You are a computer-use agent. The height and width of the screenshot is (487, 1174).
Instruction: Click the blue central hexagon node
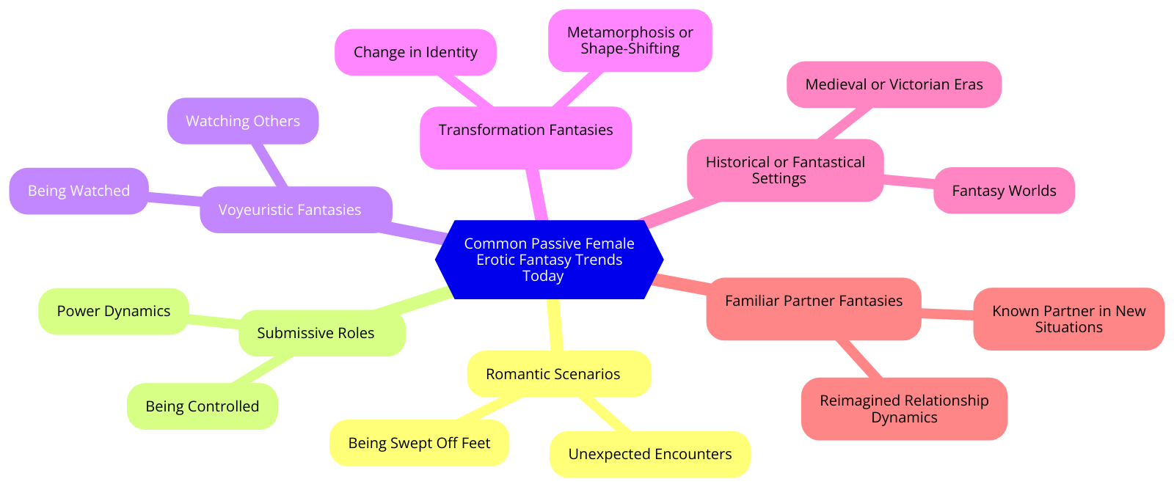click(x=549, y=260)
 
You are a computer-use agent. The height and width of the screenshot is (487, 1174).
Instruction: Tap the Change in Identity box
click(x=415, y=52)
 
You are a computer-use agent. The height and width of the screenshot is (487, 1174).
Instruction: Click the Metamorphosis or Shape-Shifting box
click(x=630, y=41)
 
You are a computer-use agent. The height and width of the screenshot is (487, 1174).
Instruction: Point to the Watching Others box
click(x=243, y=121)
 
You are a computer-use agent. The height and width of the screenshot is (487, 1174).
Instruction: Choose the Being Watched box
click(x=79, y=191)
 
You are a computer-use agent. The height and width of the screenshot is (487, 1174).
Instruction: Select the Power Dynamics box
click(x=113, y=311)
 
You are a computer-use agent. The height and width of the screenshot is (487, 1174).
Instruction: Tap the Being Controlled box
click(x=202, y=406)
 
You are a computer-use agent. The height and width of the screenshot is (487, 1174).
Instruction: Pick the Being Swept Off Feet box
click(x=419, y=443)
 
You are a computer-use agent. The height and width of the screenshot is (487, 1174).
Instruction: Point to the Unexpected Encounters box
click(x=649, y=454)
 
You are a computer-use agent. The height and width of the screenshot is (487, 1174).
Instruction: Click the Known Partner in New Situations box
click(x=1068, y=319)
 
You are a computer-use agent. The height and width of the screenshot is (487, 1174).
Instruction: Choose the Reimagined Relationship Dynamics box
click(x=904, y=409)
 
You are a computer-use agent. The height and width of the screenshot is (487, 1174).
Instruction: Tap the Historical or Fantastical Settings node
click(x=785, y=170)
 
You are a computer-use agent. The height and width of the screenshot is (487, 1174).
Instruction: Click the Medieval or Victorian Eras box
click(x=894, y=84)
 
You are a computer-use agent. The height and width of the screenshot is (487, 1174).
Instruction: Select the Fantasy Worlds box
click(x=1004, y=191)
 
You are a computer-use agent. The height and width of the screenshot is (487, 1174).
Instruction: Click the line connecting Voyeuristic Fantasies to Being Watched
click(x=175, y=197)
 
